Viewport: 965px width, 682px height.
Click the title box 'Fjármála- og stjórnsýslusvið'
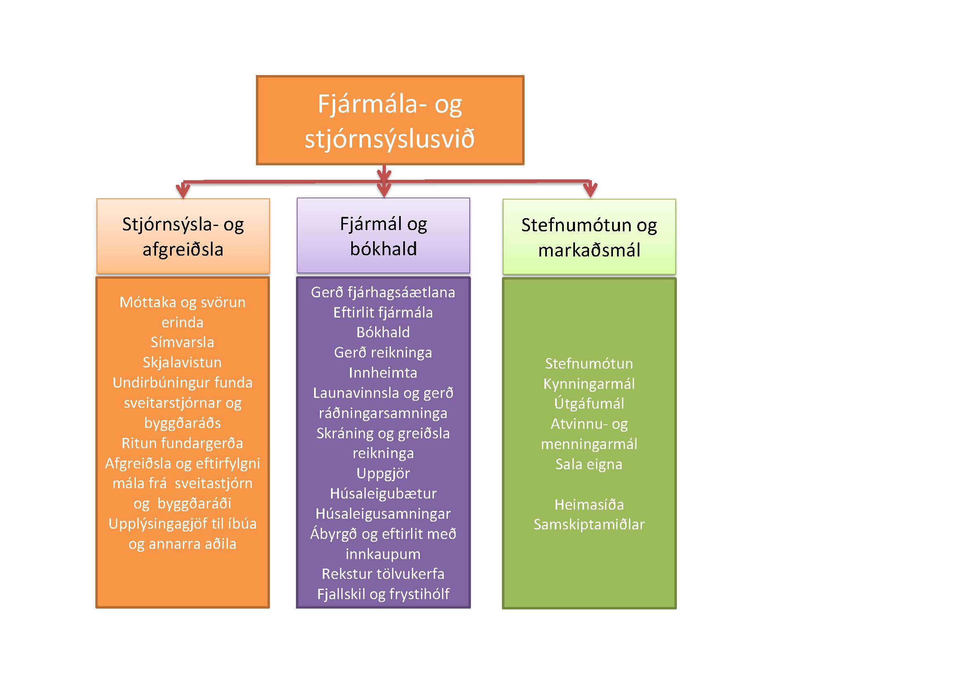pyautogui.click(x=390, y=120)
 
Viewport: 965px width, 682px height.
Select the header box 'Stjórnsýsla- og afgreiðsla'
pyautogui.click(x=183, y=236)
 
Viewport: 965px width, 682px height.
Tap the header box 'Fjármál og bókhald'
pyautogui.click(x=383, y=235)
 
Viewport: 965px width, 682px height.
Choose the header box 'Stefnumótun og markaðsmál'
pyautogui.click(x=589, y=237)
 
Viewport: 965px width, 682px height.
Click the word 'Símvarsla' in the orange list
pyautogui.click(x=182, y=342)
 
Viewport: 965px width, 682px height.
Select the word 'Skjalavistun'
pyautogui.click(x=182, y=362)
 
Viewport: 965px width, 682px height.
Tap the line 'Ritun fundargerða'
pyautogui.click(x=182, y=443)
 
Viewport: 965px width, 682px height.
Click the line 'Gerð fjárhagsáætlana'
pyautogui.click(x=383, y=292)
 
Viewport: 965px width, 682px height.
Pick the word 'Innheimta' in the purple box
pyautogui.click(x=383, y=372)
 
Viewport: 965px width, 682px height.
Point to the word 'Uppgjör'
pyautogui.click(x=383, y=473)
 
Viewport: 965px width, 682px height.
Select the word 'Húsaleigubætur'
pyautogui.click(x=383, y=494)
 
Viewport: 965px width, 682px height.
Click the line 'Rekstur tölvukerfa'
pyautogui.click(x=383, y=574)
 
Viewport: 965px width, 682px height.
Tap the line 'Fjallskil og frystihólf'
pyautogui.click(x=383, y=594)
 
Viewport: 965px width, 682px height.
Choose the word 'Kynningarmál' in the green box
pyautogui.click(x=589, y=383)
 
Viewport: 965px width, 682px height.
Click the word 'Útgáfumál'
pyautogui.click(x=589, y=404)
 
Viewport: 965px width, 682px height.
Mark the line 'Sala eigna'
pyautogui.click(x=589, y=464)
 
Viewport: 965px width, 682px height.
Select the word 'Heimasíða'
pyautogui.click(x=589, y=504)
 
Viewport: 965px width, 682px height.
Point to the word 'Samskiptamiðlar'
pyautogui.click(x=589, y=524)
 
